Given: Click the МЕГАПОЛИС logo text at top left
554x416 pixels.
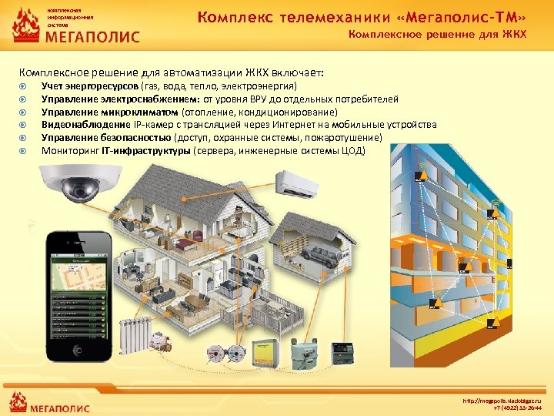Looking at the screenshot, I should (x=93, y=36).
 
